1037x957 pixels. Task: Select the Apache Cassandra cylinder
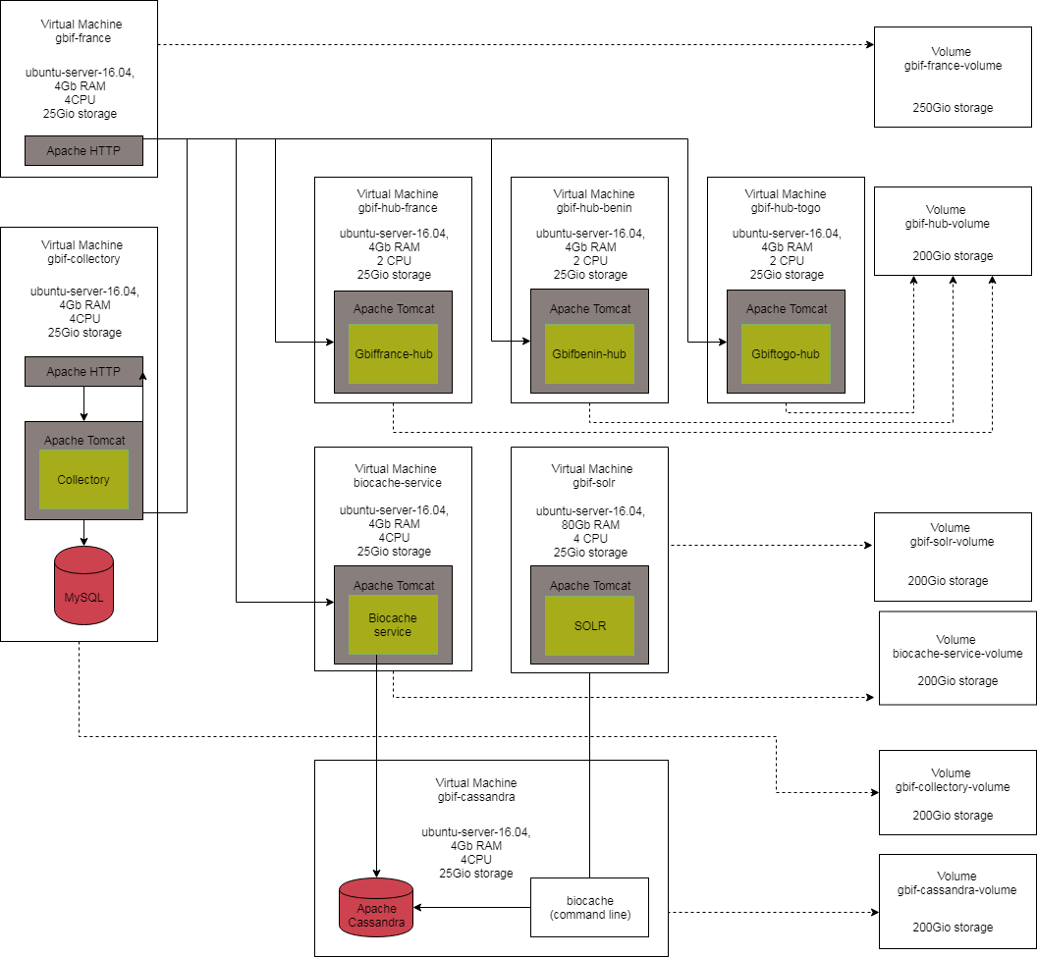[377, 908]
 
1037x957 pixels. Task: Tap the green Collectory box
[83, 480]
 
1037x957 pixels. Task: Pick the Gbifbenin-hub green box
[589, 353]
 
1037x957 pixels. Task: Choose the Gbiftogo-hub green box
[786, 353]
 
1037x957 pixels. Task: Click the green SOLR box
[589, 626]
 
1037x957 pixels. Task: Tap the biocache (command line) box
[589, 908]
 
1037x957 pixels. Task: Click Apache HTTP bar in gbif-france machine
[83, 151]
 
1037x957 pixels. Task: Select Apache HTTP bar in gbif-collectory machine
[83, 372]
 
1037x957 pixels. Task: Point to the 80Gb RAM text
[590, 525]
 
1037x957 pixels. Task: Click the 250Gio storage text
[953, 108]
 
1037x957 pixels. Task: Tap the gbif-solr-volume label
[952, 542]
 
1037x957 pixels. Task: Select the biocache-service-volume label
[957, 654]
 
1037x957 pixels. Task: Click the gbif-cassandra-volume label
[956, 890]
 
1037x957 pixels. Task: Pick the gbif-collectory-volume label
[956, 787]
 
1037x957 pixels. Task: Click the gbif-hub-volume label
[948, 224]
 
